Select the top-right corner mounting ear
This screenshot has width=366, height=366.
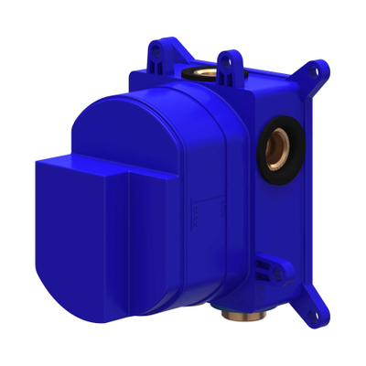click(315, 75)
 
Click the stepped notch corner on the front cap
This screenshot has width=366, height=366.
click(129, 170)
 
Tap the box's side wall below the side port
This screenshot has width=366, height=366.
click(274, 220)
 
